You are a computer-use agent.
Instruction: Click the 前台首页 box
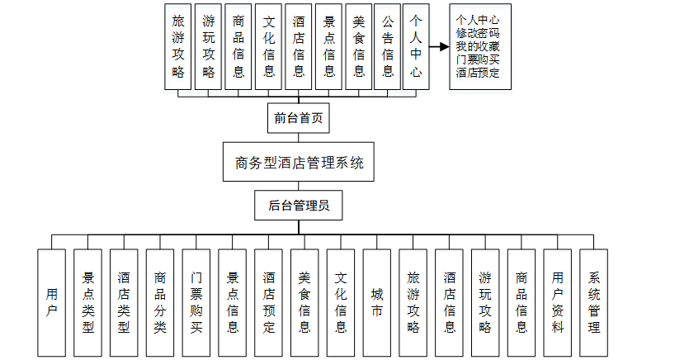tap(299, 118)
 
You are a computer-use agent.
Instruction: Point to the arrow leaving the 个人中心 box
tap(437, 47)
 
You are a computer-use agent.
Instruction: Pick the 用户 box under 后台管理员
tap(51, 302)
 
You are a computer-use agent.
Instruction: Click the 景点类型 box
tap(87, 302)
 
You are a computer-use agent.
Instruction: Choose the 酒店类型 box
tap(124, 302)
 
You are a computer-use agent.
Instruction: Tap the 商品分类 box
tap(160, 302)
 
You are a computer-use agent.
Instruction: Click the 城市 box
tap(377, 302)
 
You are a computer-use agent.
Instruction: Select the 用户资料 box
tap(558, 302)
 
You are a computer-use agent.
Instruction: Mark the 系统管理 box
tap(594, 302)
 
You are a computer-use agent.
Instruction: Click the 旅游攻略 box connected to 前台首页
tap(177, 47)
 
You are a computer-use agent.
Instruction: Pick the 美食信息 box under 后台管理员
tap(304, 302)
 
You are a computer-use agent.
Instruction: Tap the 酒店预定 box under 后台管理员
tap(268, 302)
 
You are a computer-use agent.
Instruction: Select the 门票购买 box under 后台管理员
tap(196, 302)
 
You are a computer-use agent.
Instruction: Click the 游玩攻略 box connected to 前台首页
tap(208, 47)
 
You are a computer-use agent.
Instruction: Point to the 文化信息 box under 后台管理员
tap(341, 302)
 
